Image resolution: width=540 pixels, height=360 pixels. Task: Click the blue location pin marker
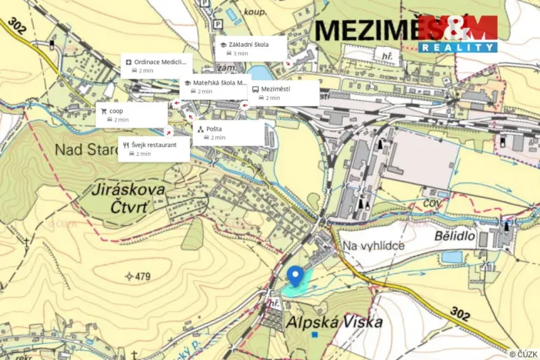coord(295,275)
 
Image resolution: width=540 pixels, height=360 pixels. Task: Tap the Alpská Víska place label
coord(333,323)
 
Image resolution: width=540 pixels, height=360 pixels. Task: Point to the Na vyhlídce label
coord(374,245)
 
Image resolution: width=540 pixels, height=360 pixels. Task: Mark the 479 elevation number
coord(138,275)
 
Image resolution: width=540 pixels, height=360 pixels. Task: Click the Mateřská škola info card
coord(216,86)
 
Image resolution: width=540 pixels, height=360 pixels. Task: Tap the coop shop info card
coord(132,115)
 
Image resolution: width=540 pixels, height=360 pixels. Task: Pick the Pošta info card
coord(228,132)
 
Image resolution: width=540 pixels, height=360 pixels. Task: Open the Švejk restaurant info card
coord(154,148)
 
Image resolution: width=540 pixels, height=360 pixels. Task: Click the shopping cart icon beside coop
coord(103,111)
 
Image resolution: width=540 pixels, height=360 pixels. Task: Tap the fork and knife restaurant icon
coord(125,145)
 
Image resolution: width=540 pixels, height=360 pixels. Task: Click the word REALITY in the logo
coord(458,47)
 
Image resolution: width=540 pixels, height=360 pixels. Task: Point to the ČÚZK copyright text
coord(522,354)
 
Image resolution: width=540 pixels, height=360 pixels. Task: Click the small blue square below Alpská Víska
coord(315,335)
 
